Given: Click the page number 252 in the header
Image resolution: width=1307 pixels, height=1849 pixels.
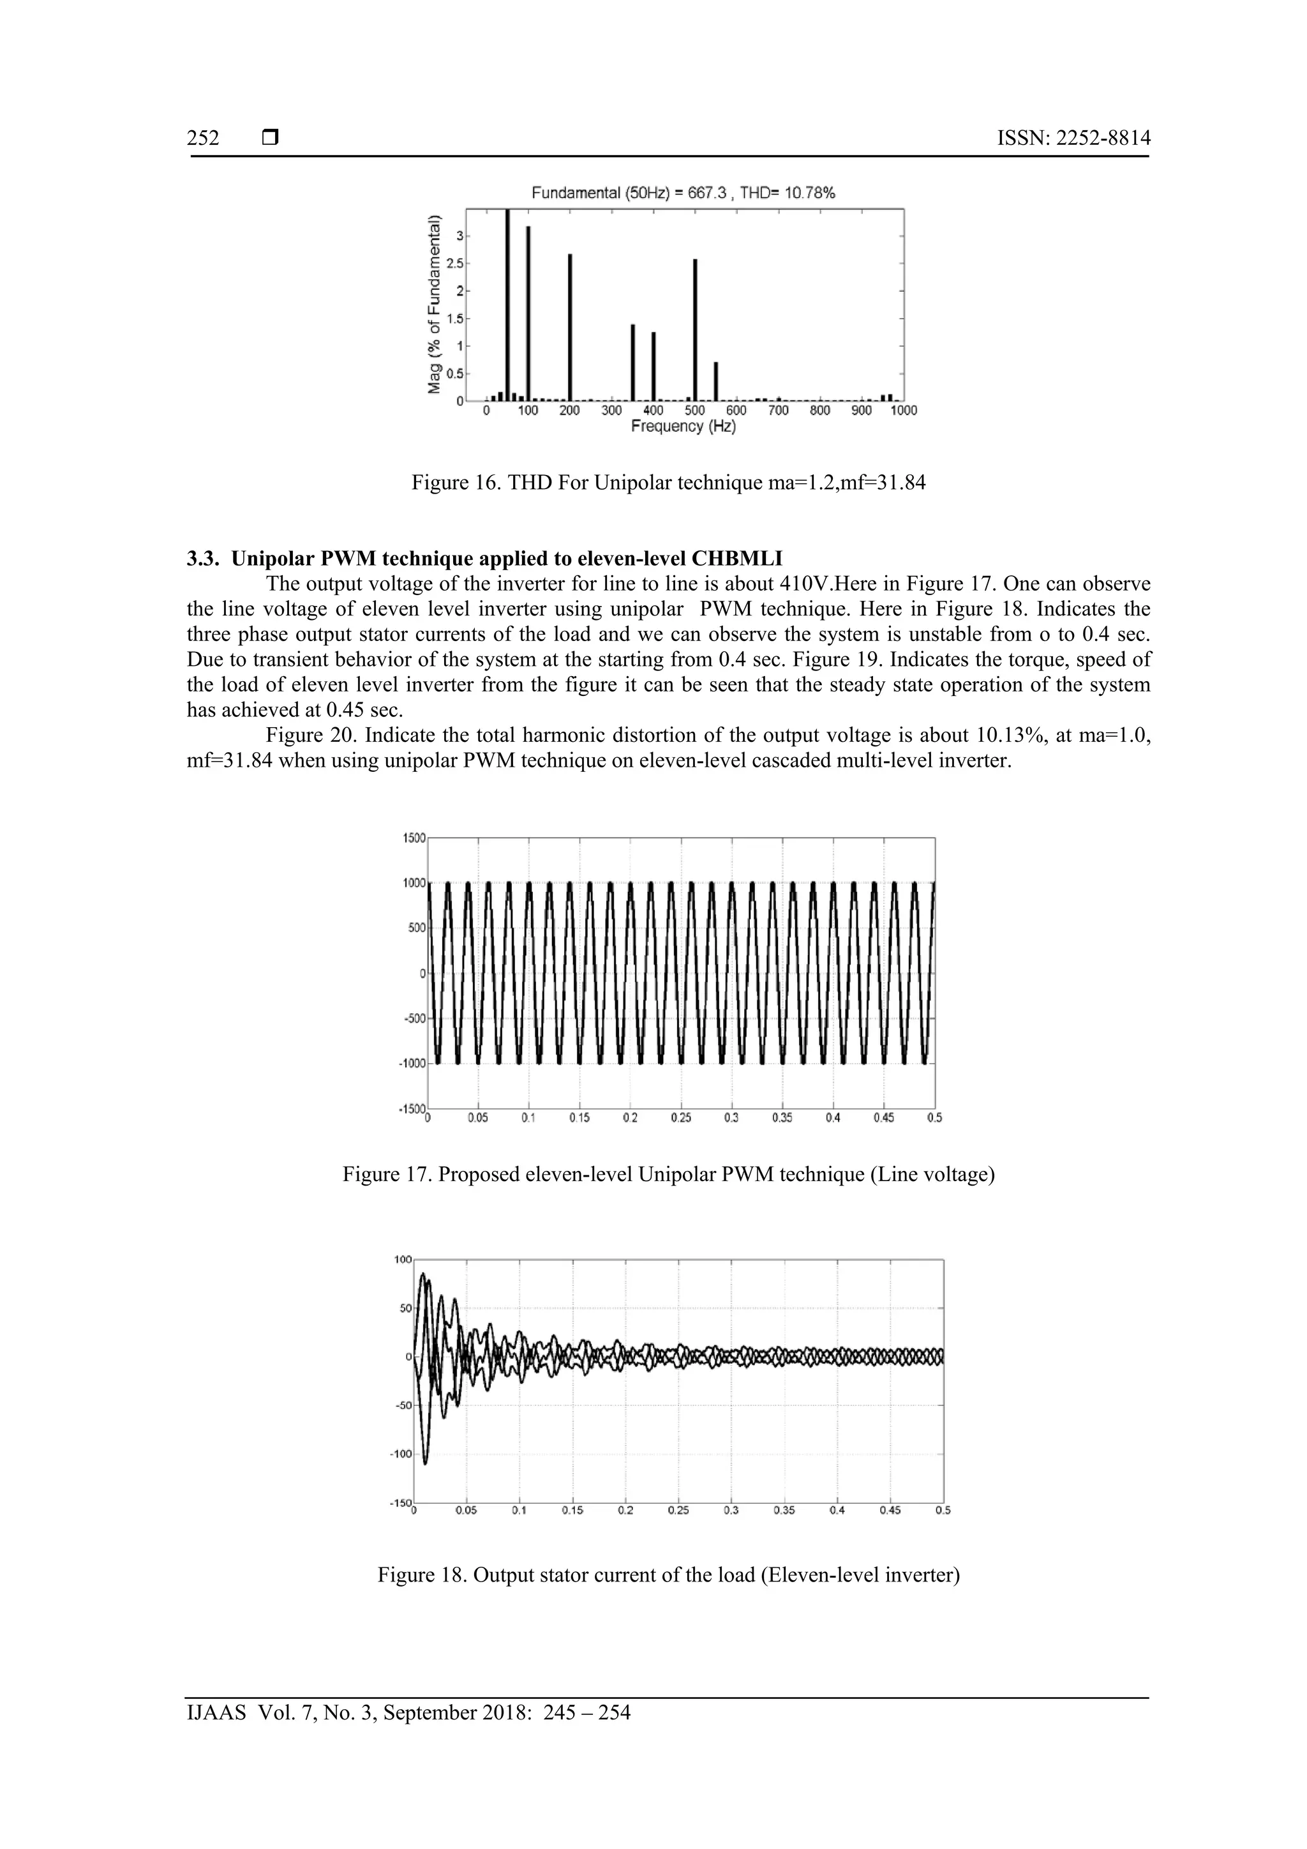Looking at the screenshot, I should (x=203, y=139).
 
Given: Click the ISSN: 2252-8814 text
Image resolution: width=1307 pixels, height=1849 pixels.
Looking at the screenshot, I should (x=1073, y=139).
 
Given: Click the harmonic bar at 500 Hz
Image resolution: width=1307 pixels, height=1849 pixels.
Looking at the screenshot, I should (x=694, y=330).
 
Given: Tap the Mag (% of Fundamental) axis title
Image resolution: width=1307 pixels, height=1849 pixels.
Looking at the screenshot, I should (x=435, y=305).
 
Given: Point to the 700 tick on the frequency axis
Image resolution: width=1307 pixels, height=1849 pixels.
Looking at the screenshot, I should (x=777, y=411).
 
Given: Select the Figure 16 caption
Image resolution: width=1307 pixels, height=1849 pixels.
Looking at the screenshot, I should (x=668, y=483).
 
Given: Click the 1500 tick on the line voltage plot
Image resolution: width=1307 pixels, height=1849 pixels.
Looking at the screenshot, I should (x=414, y=838).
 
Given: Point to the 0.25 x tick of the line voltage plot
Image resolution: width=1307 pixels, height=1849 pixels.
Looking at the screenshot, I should (x=681, y=1118).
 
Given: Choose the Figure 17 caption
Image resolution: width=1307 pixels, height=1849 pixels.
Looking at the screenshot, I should (x=668, y=1174).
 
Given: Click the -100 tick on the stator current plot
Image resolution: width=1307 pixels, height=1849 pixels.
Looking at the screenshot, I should (x=401, y=1454).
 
